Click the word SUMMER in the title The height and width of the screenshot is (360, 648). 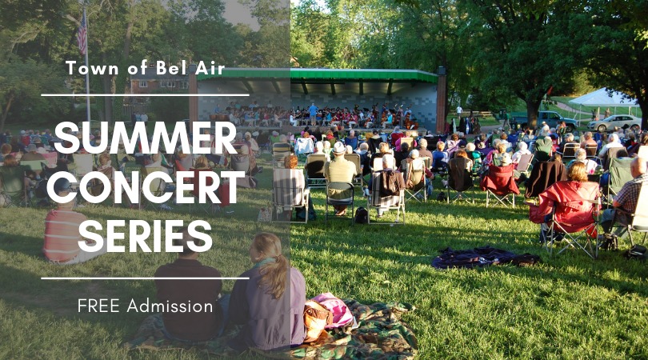[x=145, y=138]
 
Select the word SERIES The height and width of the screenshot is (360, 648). [x=145, y=236]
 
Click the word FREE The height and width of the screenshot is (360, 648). [x=98, y=306]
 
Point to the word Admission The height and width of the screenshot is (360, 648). [x=170, y=306]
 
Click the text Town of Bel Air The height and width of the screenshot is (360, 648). [x=145, y=68]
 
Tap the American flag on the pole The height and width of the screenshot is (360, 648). [x=82, y=33]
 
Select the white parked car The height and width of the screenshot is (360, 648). [x=614, y=122]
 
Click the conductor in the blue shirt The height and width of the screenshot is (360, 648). [x=314, y=114]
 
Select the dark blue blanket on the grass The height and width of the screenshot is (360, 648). [x=484, y=257]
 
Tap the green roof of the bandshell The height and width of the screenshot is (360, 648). [x=317, y=74]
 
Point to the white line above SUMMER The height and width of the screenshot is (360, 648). [x=145, y=95]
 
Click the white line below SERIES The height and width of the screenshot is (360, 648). [x=145, y=278]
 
